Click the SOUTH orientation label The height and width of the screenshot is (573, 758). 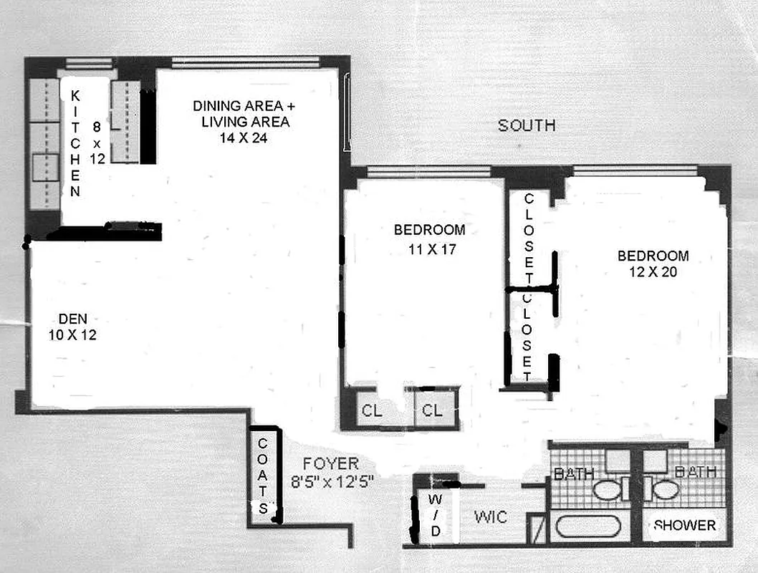click(x=527, y=126)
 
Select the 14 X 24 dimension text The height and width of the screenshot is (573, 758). click(x=244, y=138)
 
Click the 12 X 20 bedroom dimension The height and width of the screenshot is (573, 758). click(x=653, y=272)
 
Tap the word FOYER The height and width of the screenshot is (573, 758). click(x=330, y=463)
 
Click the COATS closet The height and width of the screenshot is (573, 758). click(x=263, y=475)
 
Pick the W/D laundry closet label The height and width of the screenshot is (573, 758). click(x=435, y=515)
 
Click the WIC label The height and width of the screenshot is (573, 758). click(x=491, y=516)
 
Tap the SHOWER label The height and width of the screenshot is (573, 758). click(x=684, y=525)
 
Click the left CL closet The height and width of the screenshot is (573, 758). click(x=372, y=410)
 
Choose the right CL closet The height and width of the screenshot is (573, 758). click(x=432, y=410)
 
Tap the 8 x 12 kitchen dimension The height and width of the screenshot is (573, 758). click(x=97, y=142)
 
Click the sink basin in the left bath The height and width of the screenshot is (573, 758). click(x=608, y=490)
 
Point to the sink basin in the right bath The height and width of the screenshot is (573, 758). click(x=665, y=489)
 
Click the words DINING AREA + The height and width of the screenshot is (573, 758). click(x=244, y=106)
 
